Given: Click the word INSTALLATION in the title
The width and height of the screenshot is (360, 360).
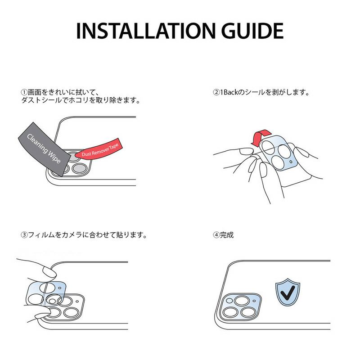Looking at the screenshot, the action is coord(145,31).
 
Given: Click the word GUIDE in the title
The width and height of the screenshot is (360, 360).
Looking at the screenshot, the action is coord(252,31).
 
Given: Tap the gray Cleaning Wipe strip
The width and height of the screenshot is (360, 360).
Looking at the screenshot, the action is coord(45,149).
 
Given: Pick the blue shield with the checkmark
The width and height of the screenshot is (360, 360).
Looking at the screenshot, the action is coord(288,292).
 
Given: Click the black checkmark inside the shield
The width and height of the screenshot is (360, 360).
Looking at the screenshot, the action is coord(288,293).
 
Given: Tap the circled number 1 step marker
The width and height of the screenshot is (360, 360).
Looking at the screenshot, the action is coord(24,93).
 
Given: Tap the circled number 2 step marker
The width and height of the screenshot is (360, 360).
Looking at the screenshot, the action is coord(216,93).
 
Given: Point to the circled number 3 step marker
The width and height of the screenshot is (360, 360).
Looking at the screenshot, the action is coord(24,235).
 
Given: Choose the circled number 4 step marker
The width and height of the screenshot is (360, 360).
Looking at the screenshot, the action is coord(216,235).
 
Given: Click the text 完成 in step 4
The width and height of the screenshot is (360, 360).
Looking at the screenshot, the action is coord(227,235).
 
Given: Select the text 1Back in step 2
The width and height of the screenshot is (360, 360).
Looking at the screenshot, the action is coord(229,93).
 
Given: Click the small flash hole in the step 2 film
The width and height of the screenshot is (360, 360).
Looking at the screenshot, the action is coord(291,162).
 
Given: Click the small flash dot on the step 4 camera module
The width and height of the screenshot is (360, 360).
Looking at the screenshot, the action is coord(254,301).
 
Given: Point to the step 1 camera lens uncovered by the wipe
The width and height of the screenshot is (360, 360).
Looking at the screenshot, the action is coord(80,169).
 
